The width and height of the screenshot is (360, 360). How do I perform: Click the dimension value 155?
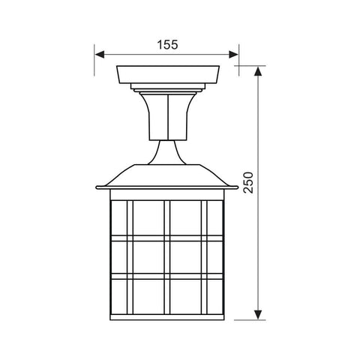[x=167, y=44]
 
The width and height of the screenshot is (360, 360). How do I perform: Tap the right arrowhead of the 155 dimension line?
[x=233, y=55]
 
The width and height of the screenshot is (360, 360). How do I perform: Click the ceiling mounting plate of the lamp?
[x=168, y=74]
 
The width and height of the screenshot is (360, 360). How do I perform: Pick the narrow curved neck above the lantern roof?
[x=168, y=153]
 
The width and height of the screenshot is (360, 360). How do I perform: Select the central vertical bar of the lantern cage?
[x=168, y=255]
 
